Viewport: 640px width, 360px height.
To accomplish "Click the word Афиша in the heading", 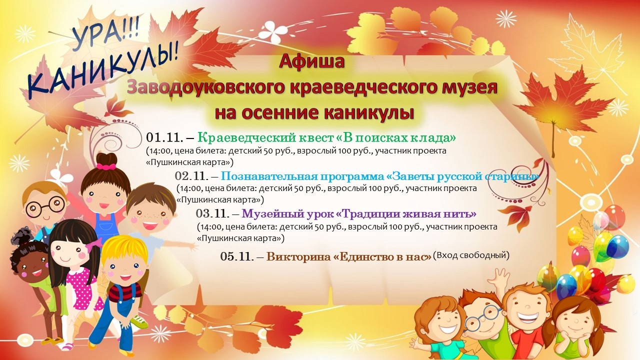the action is (x=311, y=61).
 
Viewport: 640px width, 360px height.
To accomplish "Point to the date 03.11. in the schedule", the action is (x=213, y=213).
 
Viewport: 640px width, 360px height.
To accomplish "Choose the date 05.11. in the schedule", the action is (x=237, y=256).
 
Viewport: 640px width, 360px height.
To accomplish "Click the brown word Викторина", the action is (x=298, y=257).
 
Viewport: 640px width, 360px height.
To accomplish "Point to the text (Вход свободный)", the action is (x=471, y=255).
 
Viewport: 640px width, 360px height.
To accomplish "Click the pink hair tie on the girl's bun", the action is (x=106, y=166).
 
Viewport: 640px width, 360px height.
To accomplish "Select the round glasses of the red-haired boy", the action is (x=45, y=207).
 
